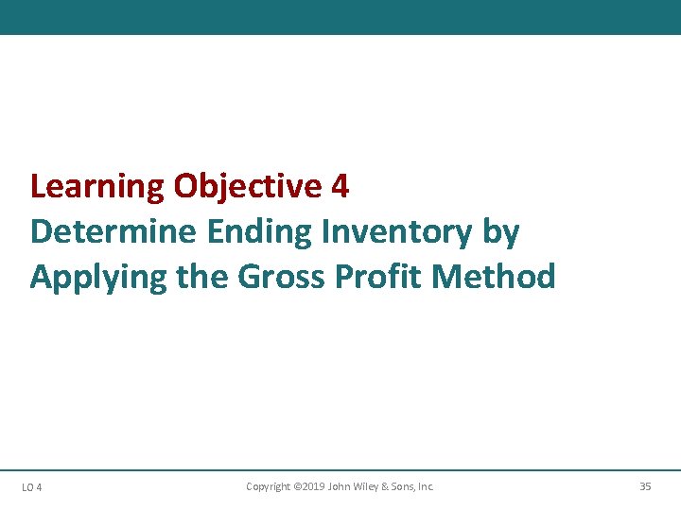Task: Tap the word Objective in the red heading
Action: (248, 187)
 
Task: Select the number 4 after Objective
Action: (340, 187)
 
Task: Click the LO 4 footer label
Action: (31, 487)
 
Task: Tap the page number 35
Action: (645, 486)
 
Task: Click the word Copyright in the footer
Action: (269, 486)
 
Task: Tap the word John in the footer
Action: (343, 486)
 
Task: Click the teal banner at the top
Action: (340, 17)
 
